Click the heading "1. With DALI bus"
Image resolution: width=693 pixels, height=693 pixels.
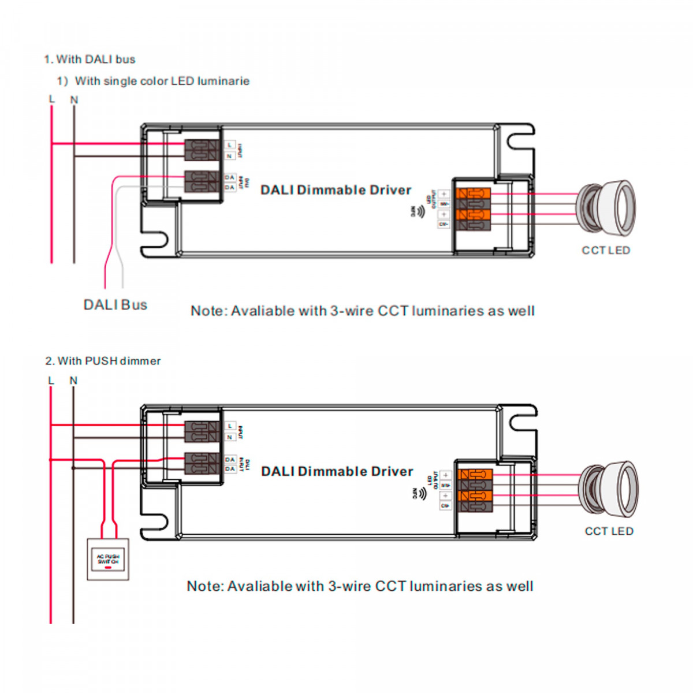tap(90, 59)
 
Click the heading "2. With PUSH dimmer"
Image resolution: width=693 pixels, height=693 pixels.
tap(103, 361)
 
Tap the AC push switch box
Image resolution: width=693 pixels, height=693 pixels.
tap(108, 559)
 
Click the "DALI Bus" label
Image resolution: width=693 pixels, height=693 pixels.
tap(115, 305)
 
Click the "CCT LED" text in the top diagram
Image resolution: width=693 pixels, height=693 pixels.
tap(606, 251)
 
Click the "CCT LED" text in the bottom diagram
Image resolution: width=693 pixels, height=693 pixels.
tap(609, 531)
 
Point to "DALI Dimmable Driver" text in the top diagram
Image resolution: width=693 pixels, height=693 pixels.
tap(336, 190)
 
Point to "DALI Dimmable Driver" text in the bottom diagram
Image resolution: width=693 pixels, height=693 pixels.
tap(337, 471)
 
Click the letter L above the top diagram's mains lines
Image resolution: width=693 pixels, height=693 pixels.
tap(52, 99)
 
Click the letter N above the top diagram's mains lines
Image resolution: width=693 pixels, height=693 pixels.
tap(74, 100)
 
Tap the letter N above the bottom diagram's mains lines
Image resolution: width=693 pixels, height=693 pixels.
tap(73, 381)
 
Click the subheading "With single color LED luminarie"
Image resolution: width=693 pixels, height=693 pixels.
tap(162, 81)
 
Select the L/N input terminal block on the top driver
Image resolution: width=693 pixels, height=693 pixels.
tap(202, 150)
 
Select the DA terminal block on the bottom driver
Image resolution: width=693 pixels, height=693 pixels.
tap(202, 464)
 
